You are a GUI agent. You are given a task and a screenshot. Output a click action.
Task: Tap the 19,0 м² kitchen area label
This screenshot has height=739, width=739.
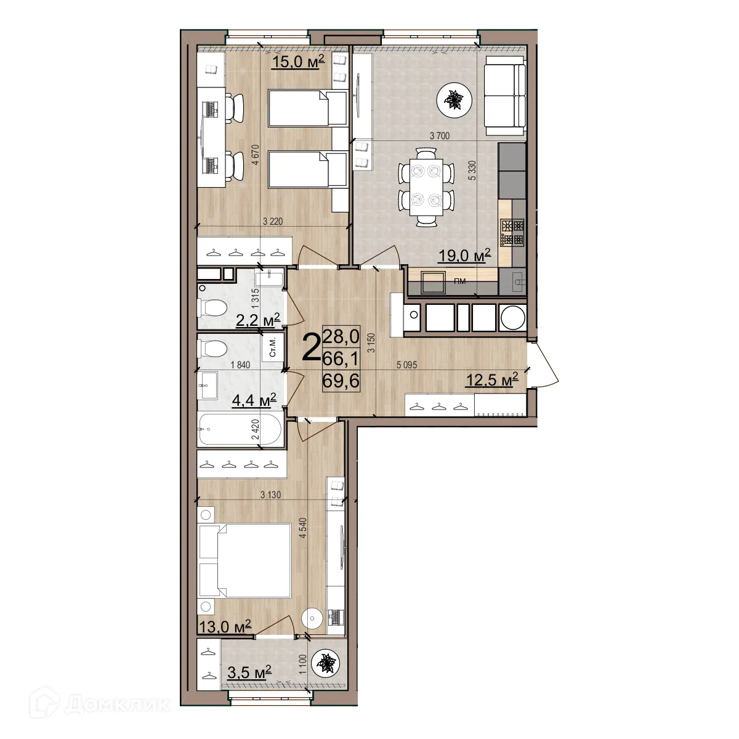[x=464, y=255]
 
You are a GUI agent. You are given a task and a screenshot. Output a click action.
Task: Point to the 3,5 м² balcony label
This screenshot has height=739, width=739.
[x=249, y=672]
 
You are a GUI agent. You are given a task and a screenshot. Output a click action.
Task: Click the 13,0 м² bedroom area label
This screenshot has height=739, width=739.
[x=224, y=627]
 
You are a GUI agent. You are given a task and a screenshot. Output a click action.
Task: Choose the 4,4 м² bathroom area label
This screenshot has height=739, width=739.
[x=253, y=401]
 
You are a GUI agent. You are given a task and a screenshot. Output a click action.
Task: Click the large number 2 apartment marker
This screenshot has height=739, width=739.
[x=312, y=349]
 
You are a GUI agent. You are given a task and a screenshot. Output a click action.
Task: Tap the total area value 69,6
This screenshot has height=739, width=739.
[x=341, y=381]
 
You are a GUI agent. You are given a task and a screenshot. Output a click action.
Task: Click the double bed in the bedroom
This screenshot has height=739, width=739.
[x=244, y=560]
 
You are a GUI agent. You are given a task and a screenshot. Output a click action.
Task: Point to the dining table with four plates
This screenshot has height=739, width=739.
[x=426, y=184]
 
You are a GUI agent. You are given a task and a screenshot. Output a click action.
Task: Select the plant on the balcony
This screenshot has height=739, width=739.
[x=324, y=664]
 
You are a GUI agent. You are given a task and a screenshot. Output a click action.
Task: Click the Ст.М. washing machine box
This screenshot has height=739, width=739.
[x=272, y=347]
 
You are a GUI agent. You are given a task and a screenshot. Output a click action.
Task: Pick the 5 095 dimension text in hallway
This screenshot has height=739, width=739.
[x=407, y=365]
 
